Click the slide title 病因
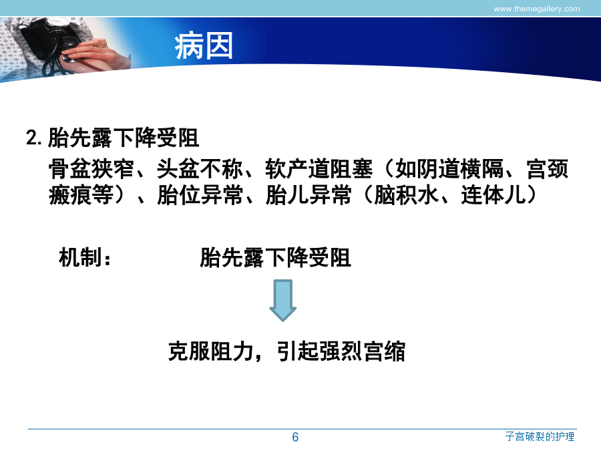click(204, 45)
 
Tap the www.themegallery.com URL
click(536, 9)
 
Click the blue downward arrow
click(283, 300)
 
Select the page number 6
click(295, 437)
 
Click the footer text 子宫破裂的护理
click(540, 436)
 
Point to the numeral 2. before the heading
click(34, 137)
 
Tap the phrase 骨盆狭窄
click(91, 169)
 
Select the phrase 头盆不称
click(200, 169)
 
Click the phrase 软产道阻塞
click(319, 169)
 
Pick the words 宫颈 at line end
click(548, 169)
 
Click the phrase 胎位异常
click(200, 195)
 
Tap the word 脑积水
click(406, 195)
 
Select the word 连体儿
click(493, 195)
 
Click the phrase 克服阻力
click(211, 351)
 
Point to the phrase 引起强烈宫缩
click(341, 351)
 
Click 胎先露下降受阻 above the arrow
click(275, 257)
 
